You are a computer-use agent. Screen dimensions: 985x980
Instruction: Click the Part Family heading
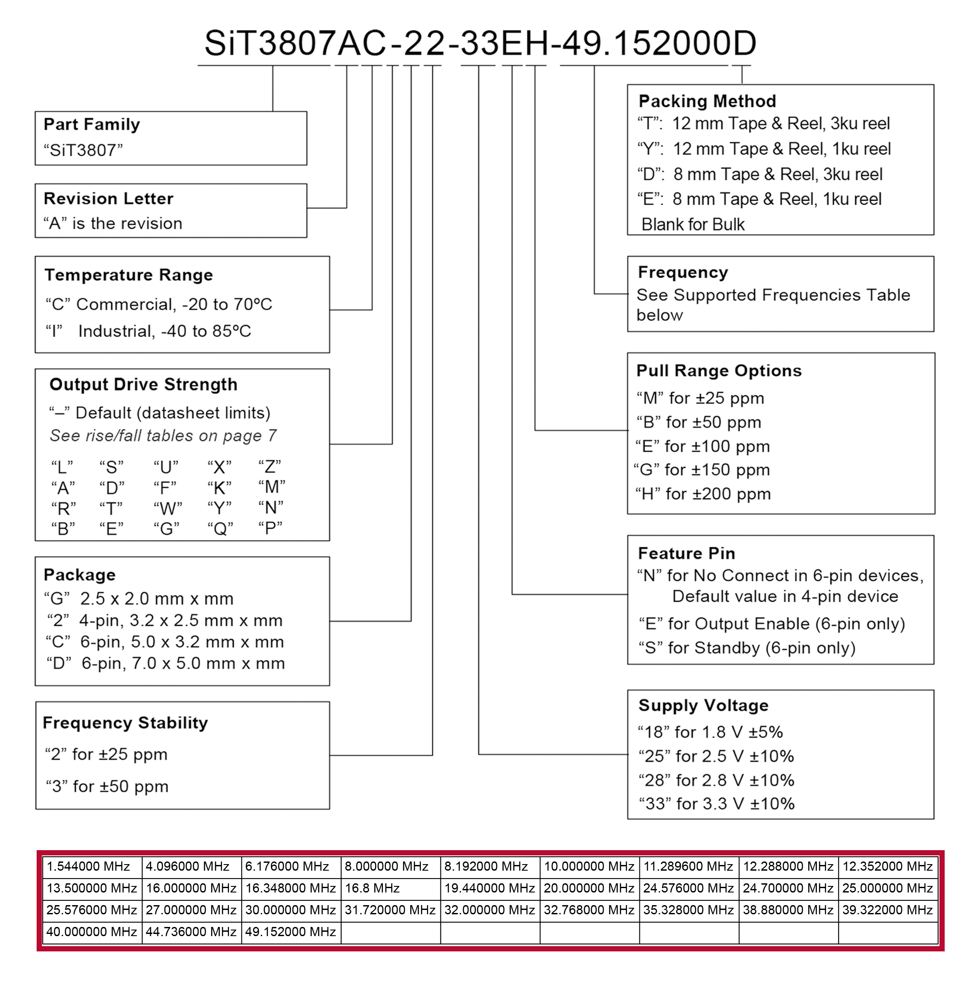(92, 124)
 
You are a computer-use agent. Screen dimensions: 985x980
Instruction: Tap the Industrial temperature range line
(148, 331)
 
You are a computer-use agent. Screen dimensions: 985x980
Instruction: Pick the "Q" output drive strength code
(220, 529)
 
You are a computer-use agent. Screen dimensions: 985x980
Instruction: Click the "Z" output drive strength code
(270, 467)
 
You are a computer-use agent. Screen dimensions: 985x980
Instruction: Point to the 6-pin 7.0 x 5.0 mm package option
(166, 663)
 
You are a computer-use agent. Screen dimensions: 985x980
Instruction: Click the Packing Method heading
(707, 101)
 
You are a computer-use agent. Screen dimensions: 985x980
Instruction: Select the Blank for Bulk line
(693, 224)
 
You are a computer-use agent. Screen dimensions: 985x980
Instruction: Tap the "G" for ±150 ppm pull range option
(702, 470)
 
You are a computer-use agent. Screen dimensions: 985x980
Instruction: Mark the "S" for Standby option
(747, 648)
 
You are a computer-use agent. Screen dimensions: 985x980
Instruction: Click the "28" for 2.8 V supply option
(717, 780)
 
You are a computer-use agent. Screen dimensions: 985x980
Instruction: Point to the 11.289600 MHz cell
(689, 866)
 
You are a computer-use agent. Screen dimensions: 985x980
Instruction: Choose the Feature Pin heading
(686, 553)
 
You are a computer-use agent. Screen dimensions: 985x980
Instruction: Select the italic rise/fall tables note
(163, 436)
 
